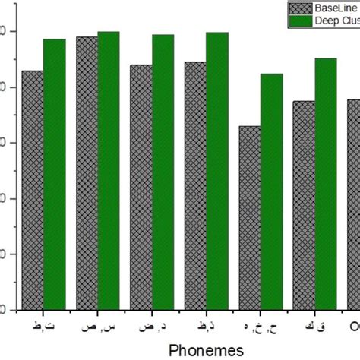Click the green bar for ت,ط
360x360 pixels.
pyautogui.click(x=54, y=175)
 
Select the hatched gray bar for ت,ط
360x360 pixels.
pyautogui.click(x=32, y=190)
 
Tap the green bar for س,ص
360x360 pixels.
pyautogui.click(x=109, y=171)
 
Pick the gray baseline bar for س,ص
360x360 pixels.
pyautogui.click(x=87, y=173)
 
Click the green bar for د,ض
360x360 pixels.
pyautogui.click(x=163, y=172)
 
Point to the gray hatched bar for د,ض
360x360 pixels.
pyautogui.click(x=141, y=187)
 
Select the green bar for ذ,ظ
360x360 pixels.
pyautogui.click(x=217, y=171)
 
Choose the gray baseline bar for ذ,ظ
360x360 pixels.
pyautogui.click(x=195, y=185)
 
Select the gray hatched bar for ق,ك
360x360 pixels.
pyautogui.click(x=304, y=205)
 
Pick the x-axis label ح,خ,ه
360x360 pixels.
pyautogui.click(x=258, y=327)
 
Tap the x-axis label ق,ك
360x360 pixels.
pyautogui.click(x=314, y=327)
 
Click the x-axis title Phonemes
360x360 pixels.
pyautogui.click(x=206, y=349)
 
